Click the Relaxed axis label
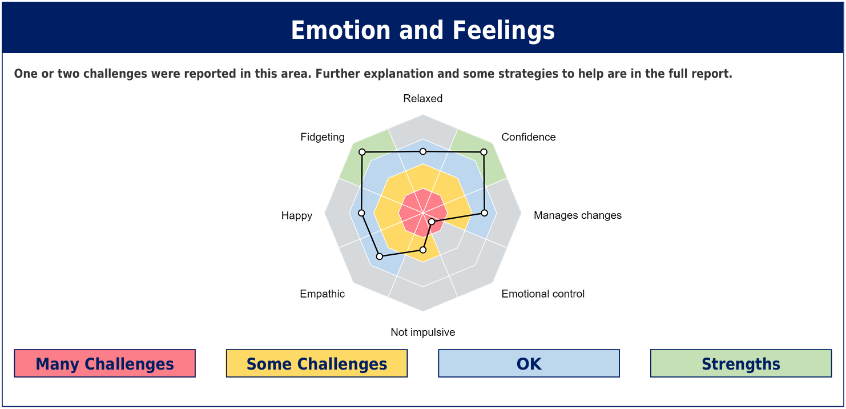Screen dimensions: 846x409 [x=422, y=99]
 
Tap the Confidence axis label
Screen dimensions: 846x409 [x=529, y=137]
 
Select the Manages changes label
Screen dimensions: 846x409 [x=578, y=215]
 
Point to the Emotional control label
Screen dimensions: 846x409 [x=543, y=294]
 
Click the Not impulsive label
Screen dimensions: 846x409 [x=422, y=332]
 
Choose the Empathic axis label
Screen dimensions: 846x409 [x=322, y=294]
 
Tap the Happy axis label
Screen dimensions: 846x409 [x=296, y=215]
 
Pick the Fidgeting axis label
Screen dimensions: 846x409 [x=323, y=137]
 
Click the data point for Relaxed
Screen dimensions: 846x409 [x=423, y=151]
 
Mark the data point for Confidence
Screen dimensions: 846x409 [x=484, y=152]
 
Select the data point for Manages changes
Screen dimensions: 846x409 [x=484, y=213]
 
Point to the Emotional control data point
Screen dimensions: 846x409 [x=432, y=222]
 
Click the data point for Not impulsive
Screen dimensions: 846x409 [x=423, y=250]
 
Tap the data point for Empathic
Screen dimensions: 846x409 [x=380, y=256]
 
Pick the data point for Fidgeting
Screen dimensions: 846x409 [x=362, y=152]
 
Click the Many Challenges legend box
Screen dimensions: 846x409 [x=104, y=363]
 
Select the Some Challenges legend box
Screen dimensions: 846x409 [x=316, y=363]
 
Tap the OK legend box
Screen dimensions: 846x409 [x=529, y=363]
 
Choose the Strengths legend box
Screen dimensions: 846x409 [x=740, y=363]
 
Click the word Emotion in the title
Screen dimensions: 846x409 [x=341, y=30]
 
